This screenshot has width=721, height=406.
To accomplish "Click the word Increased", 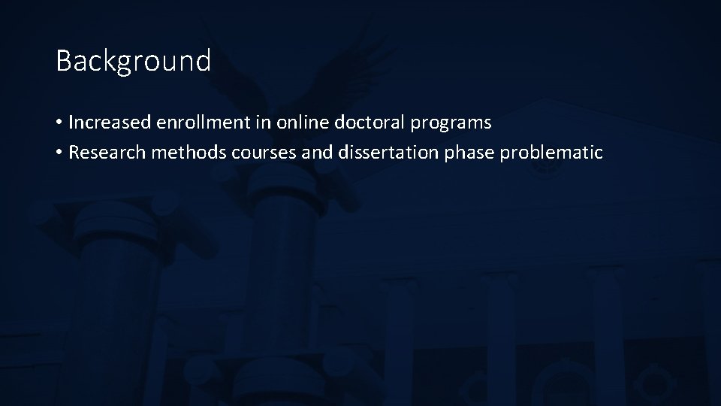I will click(110, 122).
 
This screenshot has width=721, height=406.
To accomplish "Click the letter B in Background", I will click(64, 61).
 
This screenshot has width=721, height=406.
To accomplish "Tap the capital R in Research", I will click(74, 153).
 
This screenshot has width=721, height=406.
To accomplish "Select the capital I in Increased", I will click(71, 122).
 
